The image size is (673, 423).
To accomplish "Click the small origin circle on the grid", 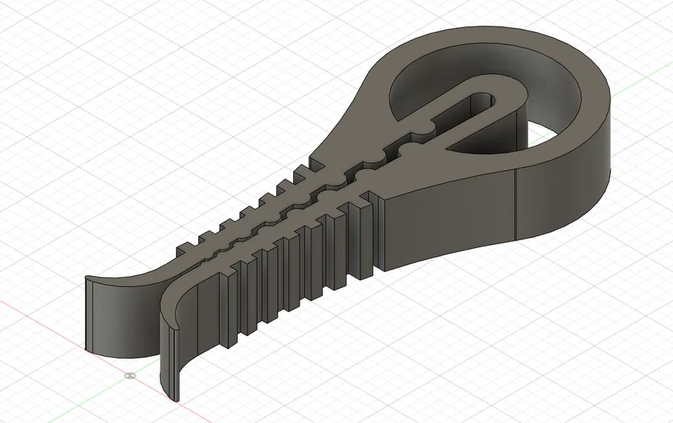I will click(x=130, y=374).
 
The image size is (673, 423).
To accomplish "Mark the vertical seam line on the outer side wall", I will click(x=517, y=206).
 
